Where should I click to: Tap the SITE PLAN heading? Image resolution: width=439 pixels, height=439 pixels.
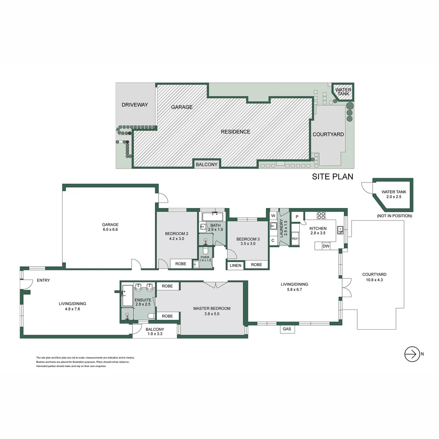point(333,176)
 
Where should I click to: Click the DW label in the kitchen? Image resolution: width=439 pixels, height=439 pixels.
point(326,246)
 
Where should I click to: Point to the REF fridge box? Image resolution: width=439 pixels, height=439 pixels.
point(295,239)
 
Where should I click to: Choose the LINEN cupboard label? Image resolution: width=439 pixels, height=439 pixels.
point(235,265)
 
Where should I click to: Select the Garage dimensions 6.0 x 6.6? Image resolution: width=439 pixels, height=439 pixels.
point(110,230)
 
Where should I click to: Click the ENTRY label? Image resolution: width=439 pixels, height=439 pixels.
point(43,280)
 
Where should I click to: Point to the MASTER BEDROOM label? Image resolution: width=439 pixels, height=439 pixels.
point(212,309)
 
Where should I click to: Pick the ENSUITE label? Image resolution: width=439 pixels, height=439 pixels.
point(143,300)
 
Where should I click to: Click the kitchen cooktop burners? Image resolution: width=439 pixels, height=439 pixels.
point(321,216)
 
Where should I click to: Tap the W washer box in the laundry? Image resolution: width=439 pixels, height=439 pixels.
point(273,215)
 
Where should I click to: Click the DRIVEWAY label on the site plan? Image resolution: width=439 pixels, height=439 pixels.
point(135,105)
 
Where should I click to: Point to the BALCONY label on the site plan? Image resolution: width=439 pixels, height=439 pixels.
point(207,165)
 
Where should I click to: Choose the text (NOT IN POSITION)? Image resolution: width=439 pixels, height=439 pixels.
point(394,216)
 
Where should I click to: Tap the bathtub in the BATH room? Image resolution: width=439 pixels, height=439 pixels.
point(213,216)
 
